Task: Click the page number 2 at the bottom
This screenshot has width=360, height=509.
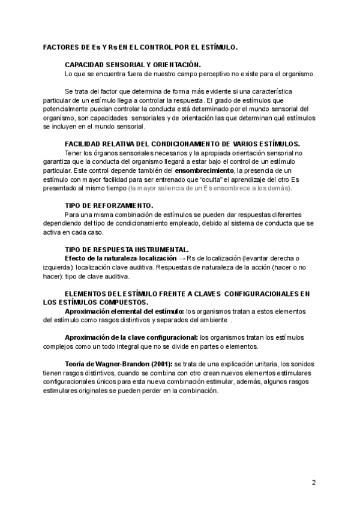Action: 314,482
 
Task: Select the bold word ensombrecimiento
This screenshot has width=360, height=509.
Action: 204,170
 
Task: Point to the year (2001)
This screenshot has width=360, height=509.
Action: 160,364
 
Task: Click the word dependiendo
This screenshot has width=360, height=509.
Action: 64,223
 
